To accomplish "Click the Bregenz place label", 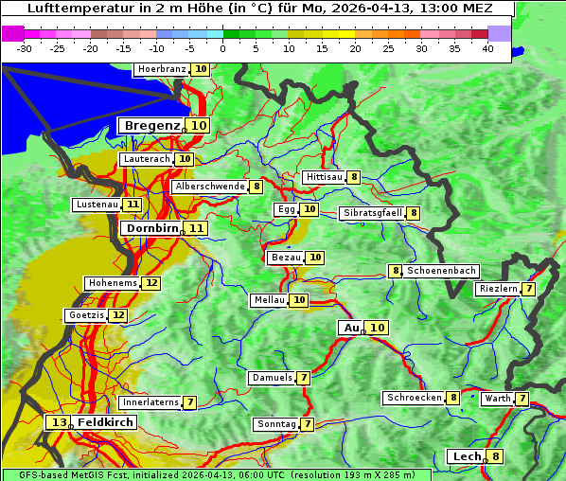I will [x=150, y=126].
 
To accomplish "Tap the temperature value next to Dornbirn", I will [x=196, y=228].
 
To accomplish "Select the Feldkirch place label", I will [x=106, y=422].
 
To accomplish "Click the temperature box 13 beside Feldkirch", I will [x=59, y=422].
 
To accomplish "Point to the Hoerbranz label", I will [x=161, y=69].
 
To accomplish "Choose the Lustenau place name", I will [x=97, y=205].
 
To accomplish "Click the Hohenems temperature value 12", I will [x=151, y=283].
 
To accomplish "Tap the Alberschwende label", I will [x=210, y=187].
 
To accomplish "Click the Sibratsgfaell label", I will [x=372, y=213].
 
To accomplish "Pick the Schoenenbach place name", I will [x=441, y=271].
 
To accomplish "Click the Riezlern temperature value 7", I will [x=528, y=289].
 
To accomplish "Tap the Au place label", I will [x=351, y=328].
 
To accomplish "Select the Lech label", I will [x=467, y=456].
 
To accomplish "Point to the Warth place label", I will [x=497, y=399].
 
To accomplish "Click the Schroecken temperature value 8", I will [x=453, y=398].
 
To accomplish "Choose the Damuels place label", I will [x=271, y=378].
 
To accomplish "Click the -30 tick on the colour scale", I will [x=25, y=47].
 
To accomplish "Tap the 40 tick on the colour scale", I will [x=487, y=47].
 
